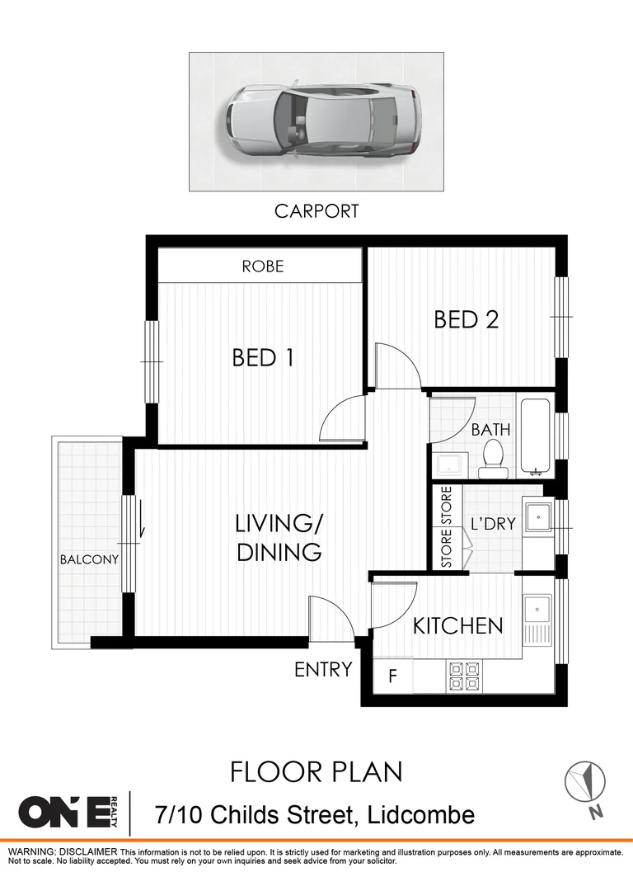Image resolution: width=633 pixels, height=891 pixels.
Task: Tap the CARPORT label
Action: (x=316, y=211)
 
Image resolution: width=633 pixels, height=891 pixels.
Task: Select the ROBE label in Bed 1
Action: (x=263, y=266)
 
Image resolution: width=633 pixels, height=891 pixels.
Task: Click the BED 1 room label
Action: (x=263, y=357)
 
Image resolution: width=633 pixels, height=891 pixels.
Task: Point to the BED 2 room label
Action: (x=467, y=319)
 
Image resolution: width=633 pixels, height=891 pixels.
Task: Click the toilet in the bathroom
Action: (x=493, y=460)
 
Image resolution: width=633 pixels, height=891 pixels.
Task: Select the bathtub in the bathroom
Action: (x=536, y=436)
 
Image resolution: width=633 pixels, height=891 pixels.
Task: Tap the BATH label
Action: (x=490, y=429)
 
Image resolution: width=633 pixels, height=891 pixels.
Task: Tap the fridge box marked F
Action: (x=393, y=677)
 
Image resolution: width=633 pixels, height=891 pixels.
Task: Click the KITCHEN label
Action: (x=457, y=625)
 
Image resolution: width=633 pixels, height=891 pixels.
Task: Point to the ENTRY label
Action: (x=323, y=669)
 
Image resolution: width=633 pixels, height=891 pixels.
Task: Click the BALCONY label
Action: (x=89, y=559)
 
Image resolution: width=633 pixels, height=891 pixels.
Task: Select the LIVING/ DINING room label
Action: (x=279, y=537)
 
